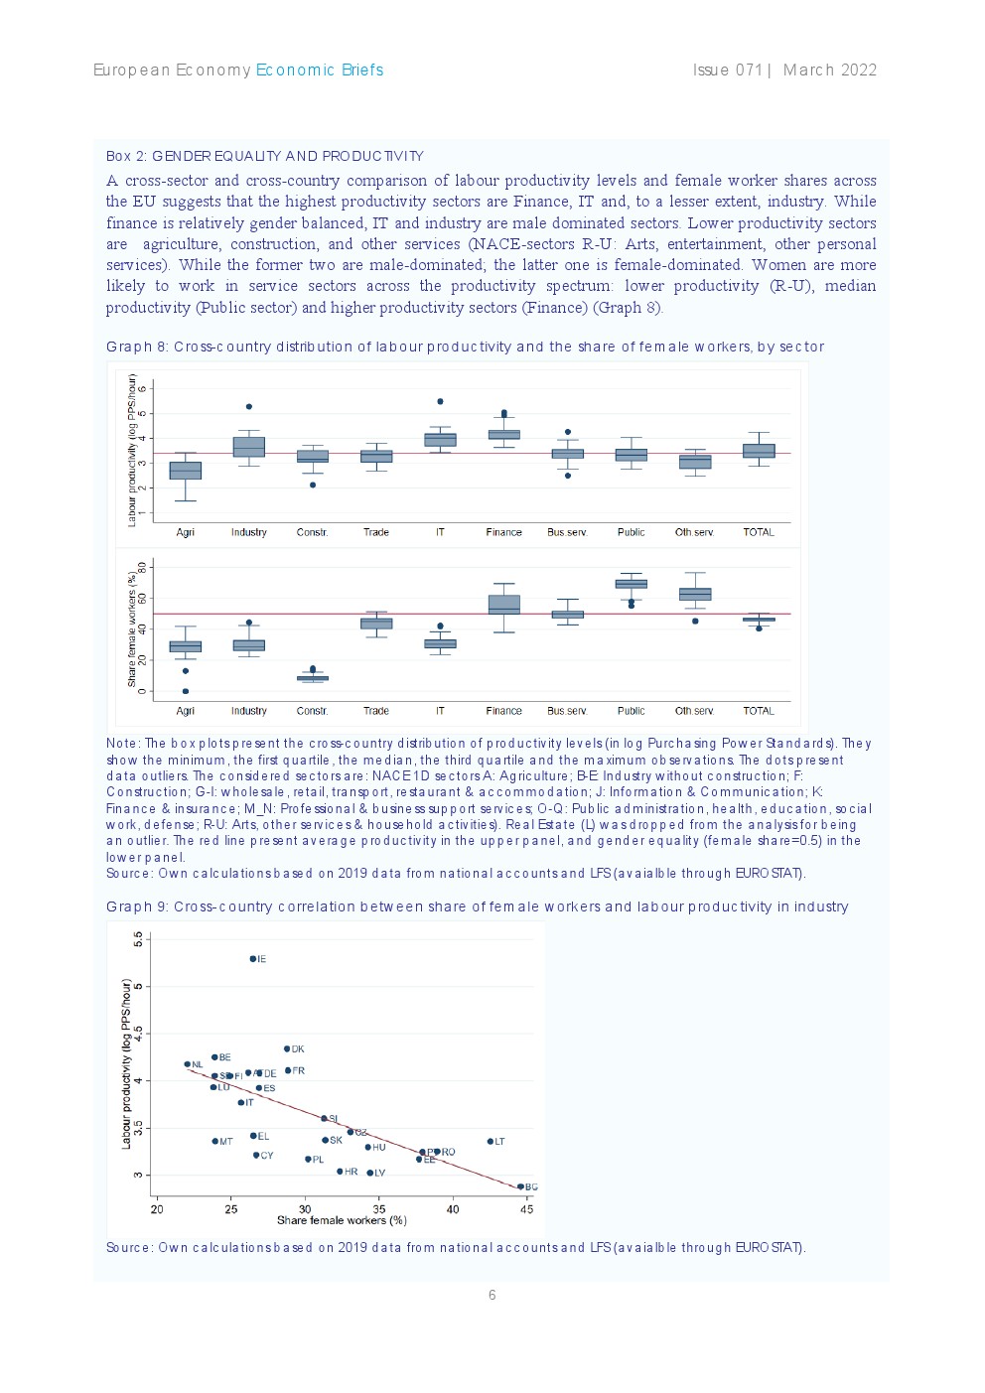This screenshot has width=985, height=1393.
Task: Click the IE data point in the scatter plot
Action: [253, 959]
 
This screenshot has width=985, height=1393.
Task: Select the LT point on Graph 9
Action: [491, 1142]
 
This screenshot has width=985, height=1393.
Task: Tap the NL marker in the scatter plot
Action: [188, 1064]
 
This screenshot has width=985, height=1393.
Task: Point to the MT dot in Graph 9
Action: [215, 1142]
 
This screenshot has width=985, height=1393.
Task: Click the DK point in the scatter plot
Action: [288, 1048]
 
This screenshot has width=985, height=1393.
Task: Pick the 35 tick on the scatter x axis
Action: [379, 1208]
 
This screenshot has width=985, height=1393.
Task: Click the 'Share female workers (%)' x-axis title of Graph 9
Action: [342, 1220]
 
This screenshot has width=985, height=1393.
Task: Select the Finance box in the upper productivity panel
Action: [503, 434]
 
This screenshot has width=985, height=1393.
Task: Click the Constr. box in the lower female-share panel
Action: [313, 678]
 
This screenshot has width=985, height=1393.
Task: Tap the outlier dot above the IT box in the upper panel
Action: [440, 402]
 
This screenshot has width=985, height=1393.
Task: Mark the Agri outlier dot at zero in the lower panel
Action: [186, 691]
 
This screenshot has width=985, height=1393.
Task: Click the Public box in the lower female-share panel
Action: [631, 584]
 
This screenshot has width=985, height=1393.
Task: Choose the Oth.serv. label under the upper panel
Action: [694, 532]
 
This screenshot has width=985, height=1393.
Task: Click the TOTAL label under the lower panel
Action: [759, 711]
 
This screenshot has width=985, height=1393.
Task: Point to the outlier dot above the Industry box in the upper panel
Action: [249, 407]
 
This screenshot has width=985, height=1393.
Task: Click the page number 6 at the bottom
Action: [492, 1295]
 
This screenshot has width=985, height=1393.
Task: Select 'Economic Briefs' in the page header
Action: [319, 70]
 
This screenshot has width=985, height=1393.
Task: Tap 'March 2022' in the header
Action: [830, 70]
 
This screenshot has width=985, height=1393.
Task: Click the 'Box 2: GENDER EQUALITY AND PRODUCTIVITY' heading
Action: [264, 156]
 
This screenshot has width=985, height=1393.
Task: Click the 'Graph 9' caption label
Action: [136, 906]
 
